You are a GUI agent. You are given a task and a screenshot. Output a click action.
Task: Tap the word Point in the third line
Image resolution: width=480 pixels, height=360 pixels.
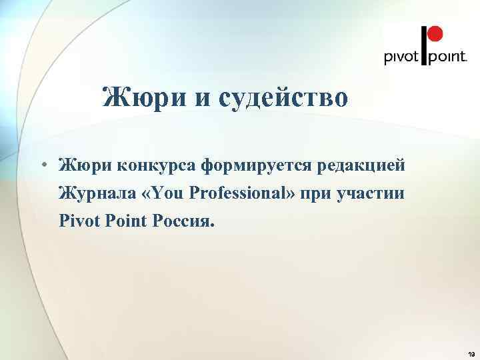click(x=131, y=221)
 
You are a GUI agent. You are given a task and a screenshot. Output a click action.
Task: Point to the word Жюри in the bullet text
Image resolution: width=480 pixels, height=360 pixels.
click(x=80, y=164)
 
